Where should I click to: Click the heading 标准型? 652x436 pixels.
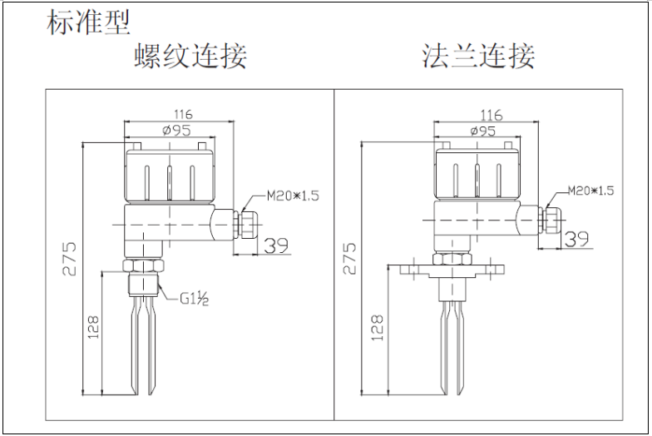click(89, 22)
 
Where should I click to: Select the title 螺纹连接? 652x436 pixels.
click(190, 56)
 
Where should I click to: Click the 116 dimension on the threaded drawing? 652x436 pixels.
click(182, 114)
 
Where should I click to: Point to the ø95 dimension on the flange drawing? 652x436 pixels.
click(482, 131)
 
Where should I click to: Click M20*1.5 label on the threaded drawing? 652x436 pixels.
click(293, 196)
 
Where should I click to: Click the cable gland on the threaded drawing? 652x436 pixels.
click(244, 221)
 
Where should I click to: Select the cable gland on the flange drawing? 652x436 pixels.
click(551, 218)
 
